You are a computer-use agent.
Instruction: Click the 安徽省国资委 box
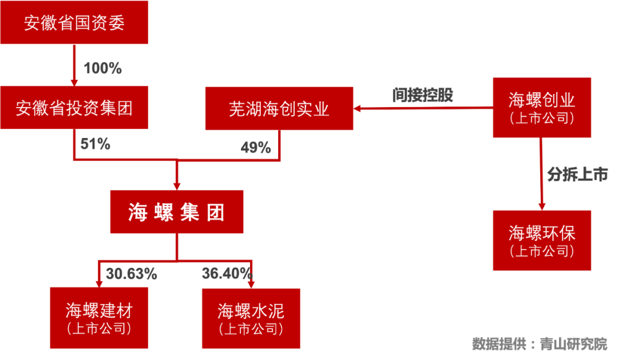click(x=74, y=23)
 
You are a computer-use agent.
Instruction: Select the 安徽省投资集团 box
click(x=74, y=108)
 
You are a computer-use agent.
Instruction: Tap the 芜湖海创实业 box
click(x=279, y=109)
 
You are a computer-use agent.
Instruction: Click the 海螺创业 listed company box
click(x=541, y=108)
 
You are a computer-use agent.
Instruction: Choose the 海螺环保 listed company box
click(x=541, y=240)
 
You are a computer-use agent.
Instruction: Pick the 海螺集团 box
click(x=177, y=212)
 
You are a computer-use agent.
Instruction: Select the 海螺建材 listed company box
click(x=98, y=318)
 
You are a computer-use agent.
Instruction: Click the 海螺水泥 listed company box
click(x=251, y=318)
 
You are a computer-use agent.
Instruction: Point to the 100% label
click(x=102, y=69)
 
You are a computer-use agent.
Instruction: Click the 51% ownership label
click(x=95, y=144)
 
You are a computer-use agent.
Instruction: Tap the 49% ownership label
click(x=255, y=148)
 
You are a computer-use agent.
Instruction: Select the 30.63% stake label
click(x=131, y=274)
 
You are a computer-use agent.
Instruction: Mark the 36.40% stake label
click(x=227, y=273)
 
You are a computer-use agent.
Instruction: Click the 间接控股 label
click(x=423, y=94)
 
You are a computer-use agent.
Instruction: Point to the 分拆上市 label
click(x=577, y=175)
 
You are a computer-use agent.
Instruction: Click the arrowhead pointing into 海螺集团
click(x=177, y=184)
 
